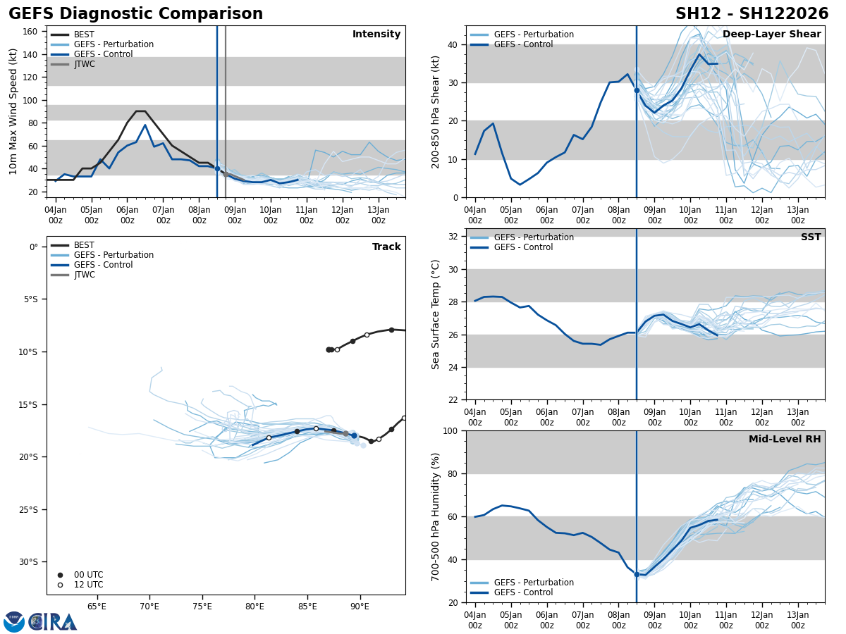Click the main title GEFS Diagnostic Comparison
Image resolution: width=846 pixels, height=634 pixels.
tap(135, 14)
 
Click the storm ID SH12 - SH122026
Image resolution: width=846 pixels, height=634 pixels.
tap(752, 14)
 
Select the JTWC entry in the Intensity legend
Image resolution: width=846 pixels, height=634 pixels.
tap(84, 64)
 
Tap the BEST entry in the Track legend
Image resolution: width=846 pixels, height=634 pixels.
tap(84, 245)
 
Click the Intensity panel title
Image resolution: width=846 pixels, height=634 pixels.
tap(376, 35)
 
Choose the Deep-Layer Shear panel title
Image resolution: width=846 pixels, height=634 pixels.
tap(771, 35)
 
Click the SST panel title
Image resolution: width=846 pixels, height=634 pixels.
tap(811, 237)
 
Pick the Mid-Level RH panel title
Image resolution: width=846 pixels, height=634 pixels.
tap(785, 440)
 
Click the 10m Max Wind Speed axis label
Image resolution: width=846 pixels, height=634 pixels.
tap(13, 111)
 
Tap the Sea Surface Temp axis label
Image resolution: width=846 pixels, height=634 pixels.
tap(436, 314)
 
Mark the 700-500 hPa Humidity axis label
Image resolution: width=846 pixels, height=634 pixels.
tap(436, 516)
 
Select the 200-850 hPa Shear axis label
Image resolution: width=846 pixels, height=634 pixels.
tap(436, 111)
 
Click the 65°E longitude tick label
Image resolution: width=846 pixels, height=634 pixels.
tap(97, 607)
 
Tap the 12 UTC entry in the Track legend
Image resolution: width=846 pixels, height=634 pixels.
tap(88, 585)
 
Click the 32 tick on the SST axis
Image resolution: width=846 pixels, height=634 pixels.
tap(453, 237)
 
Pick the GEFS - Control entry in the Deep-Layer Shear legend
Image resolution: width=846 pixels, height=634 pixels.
tap(523, 44)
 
